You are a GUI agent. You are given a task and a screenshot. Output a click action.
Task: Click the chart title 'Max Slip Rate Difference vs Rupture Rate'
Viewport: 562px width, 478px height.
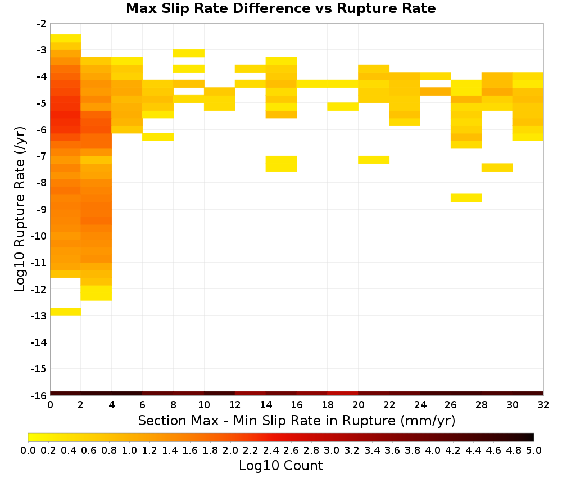(x=280, y=8)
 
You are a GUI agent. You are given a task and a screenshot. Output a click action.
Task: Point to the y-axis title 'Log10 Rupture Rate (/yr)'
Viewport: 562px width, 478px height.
(x=20, y=209)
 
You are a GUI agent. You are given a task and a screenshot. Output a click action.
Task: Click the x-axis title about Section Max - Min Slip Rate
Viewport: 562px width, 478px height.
(x=296, y=420)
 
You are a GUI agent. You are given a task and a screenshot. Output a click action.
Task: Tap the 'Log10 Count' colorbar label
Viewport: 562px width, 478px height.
(x=280, y=466)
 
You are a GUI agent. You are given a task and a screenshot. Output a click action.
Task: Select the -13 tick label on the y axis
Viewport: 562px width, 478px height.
(x=39, y=315)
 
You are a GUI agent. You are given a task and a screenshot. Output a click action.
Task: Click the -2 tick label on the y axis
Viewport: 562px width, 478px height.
(x=42, y=24)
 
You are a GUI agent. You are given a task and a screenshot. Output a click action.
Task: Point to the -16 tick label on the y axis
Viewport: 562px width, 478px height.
(x=39, y=395)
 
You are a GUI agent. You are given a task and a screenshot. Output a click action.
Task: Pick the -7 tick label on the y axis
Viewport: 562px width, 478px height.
(x=42, y=156)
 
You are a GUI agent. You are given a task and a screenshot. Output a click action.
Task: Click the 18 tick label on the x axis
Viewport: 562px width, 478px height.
(x=328, y=405)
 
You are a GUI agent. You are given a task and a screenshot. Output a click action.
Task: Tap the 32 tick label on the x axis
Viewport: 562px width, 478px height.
(x=543, y=405)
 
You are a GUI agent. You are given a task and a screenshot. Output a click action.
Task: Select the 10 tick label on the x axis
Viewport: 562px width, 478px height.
(x=204, y=405)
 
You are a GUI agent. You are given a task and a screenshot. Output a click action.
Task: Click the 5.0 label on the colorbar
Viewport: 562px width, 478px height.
(x=534, y=450)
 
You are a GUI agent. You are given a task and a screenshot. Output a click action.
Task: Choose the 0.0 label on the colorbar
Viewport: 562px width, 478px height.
(x=28, y=450)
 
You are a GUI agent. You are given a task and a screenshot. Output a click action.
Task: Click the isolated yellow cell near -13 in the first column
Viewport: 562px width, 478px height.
(x=66, y=312)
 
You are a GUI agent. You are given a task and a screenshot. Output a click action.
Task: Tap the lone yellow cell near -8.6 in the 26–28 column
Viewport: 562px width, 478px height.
(x=466, y=197)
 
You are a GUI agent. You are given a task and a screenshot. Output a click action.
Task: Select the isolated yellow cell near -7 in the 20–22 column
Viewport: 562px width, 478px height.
(x=374, y=160)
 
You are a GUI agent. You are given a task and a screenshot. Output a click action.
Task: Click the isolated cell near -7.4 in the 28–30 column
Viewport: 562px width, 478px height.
(x=497, y=168)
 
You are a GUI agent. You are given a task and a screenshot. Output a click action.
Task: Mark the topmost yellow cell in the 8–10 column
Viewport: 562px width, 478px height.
(x=189, y=53)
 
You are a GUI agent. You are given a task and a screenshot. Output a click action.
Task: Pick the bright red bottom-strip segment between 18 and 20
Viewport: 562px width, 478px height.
(x=343, y=394)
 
